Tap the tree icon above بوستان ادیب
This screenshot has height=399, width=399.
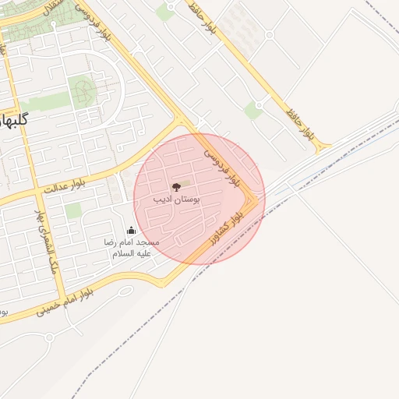[x=176, y=187]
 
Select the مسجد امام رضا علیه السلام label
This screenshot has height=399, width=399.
[x=133, y=248]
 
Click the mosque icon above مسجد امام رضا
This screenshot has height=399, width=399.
[x=131, y=231]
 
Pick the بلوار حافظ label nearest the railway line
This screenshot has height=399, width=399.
[x=302, y=123]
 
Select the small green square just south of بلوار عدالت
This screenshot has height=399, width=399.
[x=72, y=210]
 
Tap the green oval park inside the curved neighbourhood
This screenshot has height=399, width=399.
[x=81, y=91]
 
